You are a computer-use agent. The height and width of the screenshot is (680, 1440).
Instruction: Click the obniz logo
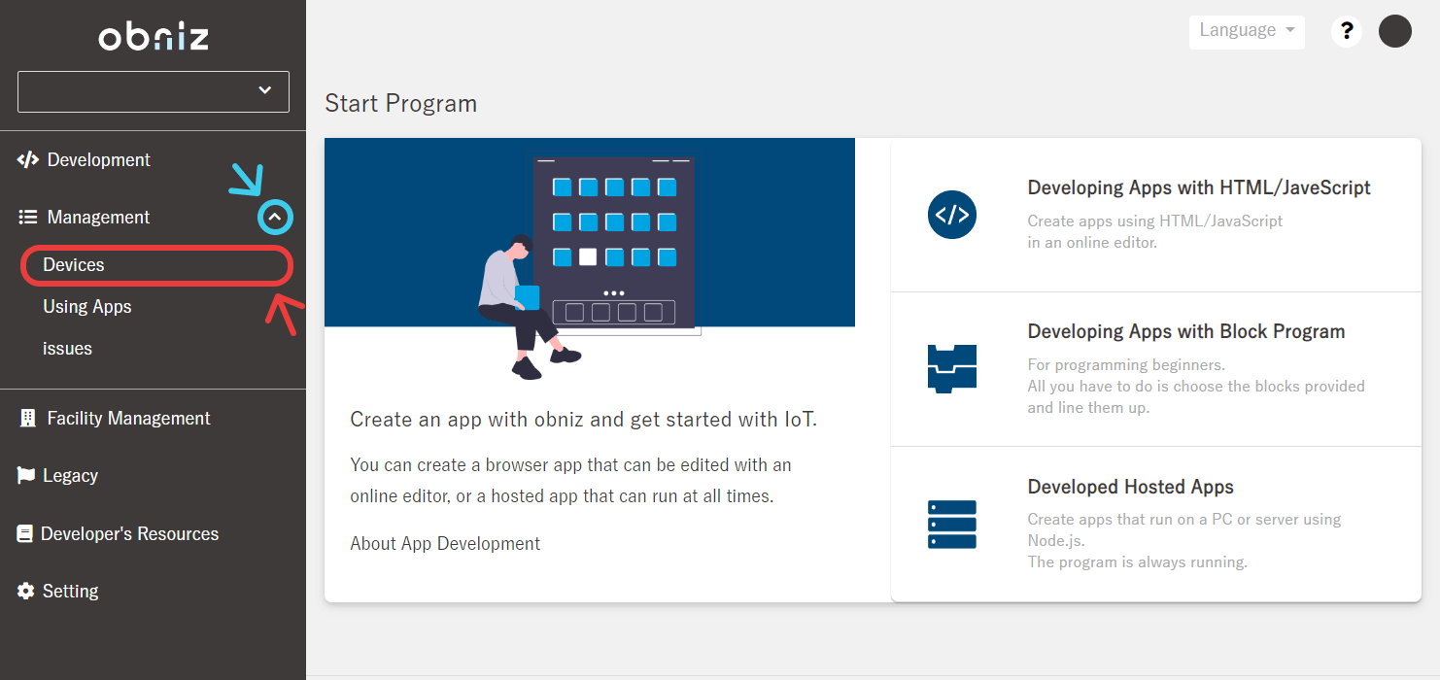pos(154,37)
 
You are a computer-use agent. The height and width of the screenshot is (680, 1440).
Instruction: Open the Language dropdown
pos(1247,31)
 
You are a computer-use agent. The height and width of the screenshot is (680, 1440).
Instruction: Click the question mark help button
pos(1346,31)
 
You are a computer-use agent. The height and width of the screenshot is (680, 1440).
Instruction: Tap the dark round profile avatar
pos(1395,31)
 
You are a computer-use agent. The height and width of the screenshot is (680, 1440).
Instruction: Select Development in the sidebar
pos(98,159)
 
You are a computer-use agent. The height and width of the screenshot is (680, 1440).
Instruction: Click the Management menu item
pos(98,218)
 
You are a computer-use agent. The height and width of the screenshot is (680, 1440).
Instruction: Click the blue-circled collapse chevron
pos(275,218)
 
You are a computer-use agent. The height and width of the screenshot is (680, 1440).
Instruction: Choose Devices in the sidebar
pos(73,265)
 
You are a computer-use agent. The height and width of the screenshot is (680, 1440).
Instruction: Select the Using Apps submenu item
pos(86,307)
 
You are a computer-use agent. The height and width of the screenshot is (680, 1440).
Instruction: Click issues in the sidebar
pos(67,349)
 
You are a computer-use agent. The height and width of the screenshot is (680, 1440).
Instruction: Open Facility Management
pos(128,419)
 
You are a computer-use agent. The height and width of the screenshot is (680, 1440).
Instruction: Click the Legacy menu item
pos(70,476)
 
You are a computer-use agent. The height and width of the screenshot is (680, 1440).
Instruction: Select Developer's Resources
pos(129,533)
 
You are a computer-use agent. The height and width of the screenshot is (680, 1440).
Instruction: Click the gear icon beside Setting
pos(25,591)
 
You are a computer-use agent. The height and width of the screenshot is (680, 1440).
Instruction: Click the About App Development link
pos(445,544)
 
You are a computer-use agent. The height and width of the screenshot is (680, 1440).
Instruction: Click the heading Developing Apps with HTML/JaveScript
pos(1199,187)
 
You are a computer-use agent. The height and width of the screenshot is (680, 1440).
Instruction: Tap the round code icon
pos(952,215)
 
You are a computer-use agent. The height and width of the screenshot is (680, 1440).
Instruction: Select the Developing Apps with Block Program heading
pos(1186,331)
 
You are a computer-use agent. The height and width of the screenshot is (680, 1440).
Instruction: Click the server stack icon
pos(952,525)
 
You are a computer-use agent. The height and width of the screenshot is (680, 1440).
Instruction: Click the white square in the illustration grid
pos(588,257)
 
